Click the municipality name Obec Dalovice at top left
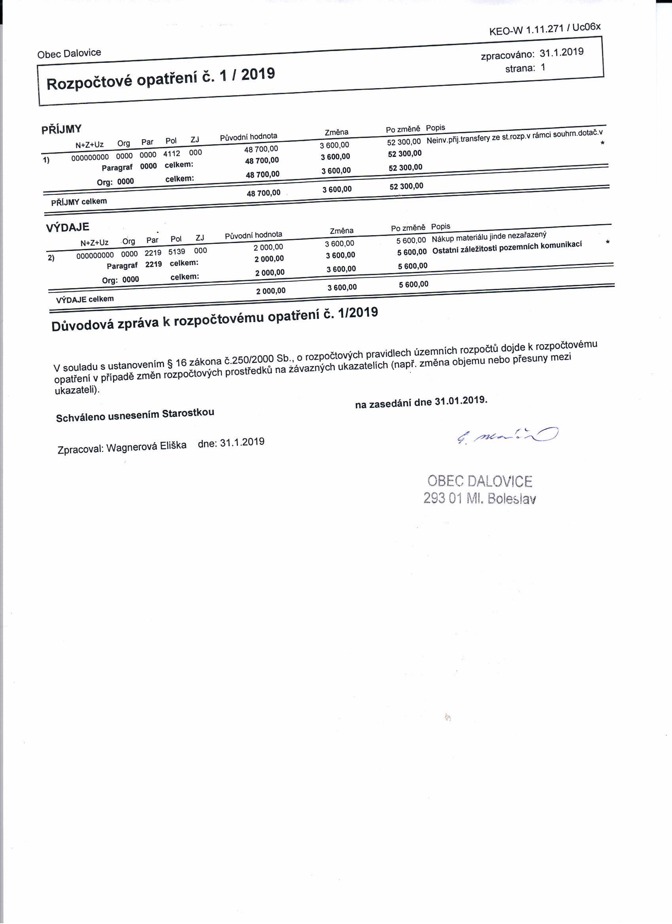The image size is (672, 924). [69, 53]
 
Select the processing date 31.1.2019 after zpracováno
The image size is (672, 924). [561, 53]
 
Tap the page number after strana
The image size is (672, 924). [543, 67]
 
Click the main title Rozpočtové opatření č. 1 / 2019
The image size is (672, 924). [160, 79]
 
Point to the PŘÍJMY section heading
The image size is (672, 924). [61, 130]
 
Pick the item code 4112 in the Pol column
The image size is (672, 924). [172, 154]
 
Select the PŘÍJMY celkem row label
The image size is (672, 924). [79, 202]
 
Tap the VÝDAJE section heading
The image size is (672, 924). [67, 227]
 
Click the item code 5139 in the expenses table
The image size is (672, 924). [176, 252]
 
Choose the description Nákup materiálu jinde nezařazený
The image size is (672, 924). [489, 236]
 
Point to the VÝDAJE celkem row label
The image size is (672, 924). [85, 300]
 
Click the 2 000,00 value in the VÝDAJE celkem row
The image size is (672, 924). [271, 291]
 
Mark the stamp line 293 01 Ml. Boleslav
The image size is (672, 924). [479, 498]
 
